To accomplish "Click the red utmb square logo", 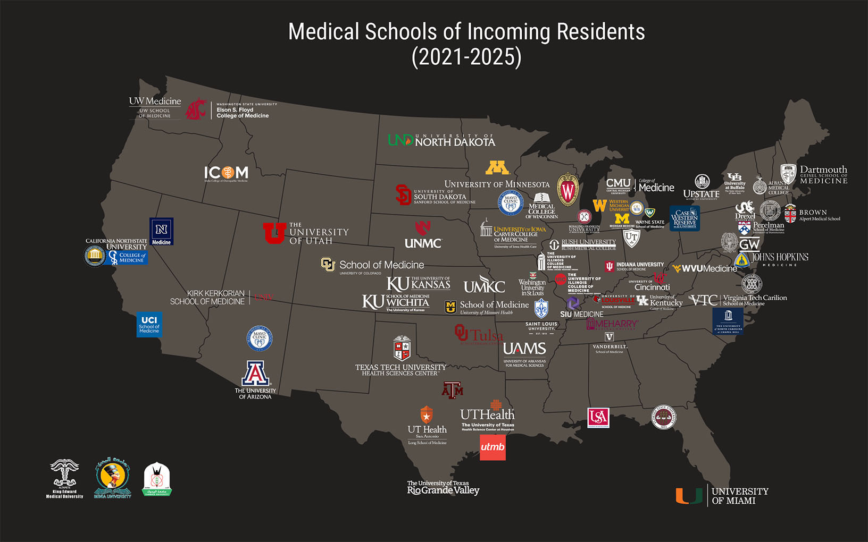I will pos(493,447).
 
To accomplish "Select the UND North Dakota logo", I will pos(441,140).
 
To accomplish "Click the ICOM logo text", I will pos(226,173).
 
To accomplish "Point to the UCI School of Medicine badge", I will pos(149,325).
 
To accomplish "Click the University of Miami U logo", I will pos(689,496).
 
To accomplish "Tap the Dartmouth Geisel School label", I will pos(823,175).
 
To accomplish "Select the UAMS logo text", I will pos(524,349).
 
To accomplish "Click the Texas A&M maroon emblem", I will pos(453,391).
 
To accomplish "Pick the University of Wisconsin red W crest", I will pos(567,190).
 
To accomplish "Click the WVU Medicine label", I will pos(705,269).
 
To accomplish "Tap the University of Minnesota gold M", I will pos(497,168).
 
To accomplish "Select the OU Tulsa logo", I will pos(479,335).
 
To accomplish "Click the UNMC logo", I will pos(423,236).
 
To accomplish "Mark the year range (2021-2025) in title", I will pos(466,57).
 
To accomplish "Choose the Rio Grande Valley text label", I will pos(443,488).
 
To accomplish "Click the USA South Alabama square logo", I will pos(598,418).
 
